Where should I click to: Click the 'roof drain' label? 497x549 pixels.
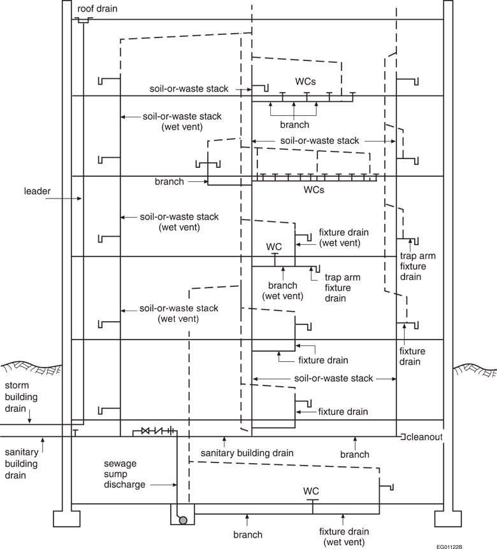pos(97,9)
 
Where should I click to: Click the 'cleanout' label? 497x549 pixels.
pos(422,437)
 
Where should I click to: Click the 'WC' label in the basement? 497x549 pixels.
pos(311,490)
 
